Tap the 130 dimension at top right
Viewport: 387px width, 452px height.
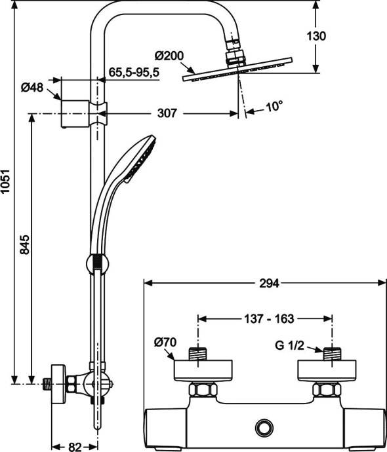coord(316,37)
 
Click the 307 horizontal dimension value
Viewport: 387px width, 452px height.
coord(168,113)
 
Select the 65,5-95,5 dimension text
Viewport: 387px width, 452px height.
coord(133,73)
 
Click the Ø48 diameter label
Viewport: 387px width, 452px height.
coord(32,87)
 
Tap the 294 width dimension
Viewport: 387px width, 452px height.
coord(270,283)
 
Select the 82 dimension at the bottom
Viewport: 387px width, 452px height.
coord(74,447)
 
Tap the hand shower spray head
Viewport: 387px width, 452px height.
coord(142,157)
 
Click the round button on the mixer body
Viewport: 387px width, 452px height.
coord(266,426)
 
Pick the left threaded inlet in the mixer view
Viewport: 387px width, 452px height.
coord(198,353)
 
